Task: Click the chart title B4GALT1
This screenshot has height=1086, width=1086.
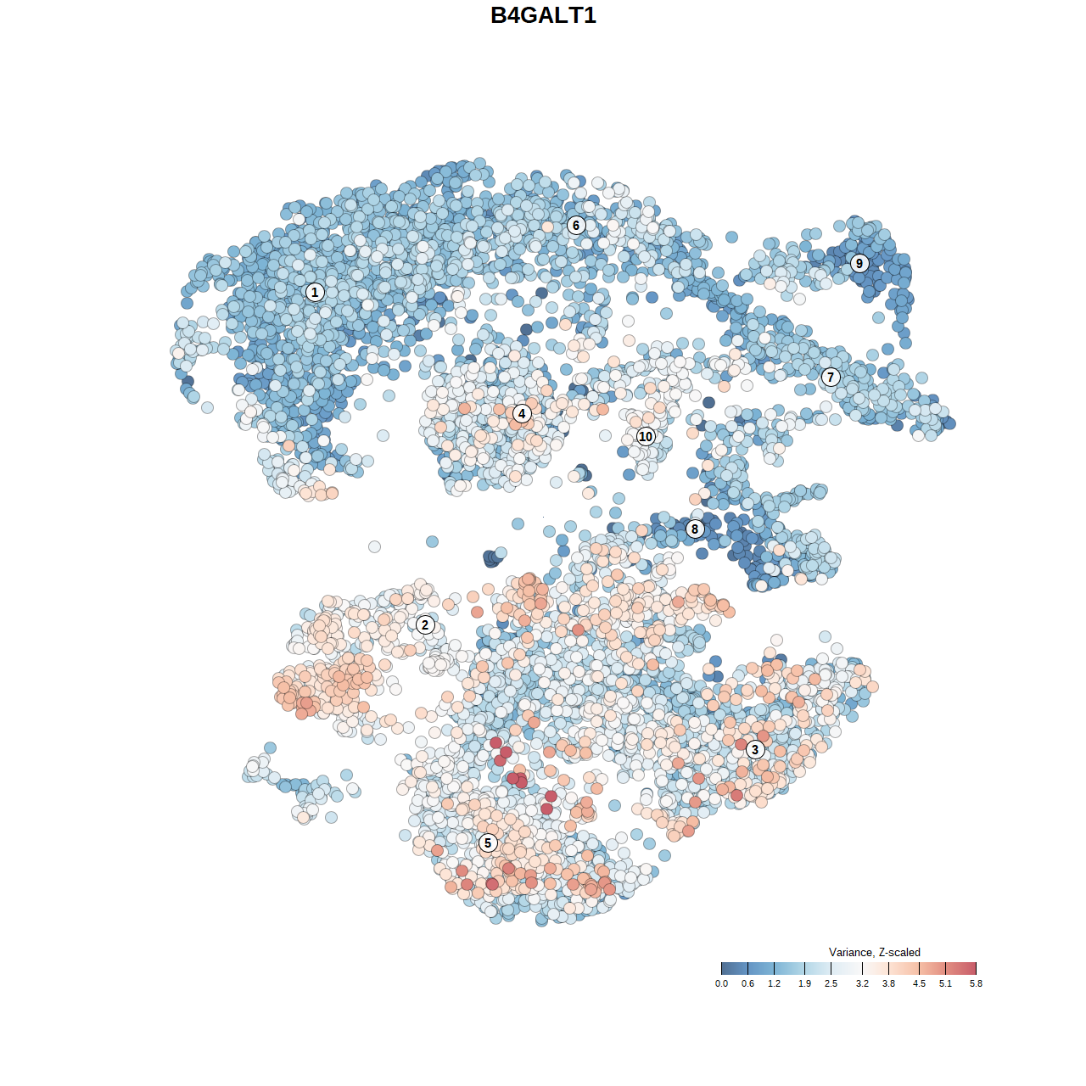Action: tap(543, 15)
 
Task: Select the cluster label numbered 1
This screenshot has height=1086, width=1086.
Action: tap(315, 292)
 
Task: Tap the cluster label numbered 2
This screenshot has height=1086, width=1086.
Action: tap(425, 625)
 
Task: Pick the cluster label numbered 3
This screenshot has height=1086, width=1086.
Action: tap(755, 749)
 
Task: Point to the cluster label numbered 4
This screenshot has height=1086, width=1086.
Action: tap(522, 413)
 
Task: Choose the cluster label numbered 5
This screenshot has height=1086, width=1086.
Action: tap(488, 842)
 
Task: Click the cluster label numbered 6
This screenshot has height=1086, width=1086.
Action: tap(576, 225)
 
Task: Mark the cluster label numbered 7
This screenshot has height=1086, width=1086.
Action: tap(831, 378)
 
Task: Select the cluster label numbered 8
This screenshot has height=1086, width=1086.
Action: tap(695, 529)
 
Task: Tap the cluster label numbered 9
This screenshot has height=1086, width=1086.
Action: tap(859, 263)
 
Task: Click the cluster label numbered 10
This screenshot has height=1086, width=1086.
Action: tap(646, 436)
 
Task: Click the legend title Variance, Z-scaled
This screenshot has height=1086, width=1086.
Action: tap(874, 952)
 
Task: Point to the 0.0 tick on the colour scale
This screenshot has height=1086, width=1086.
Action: tap(721, 968)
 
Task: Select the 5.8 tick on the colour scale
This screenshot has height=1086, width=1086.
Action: tap(976, 968)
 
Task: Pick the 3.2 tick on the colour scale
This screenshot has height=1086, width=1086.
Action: tap(862, 968)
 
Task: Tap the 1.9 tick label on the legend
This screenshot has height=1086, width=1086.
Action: tap(804, 984)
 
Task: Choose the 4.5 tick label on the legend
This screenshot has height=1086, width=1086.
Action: tap(919, 984)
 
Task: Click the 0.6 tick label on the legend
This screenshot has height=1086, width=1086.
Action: tap(747, 984)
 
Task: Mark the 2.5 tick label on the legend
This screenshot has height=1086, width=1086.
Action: tap(831, 984)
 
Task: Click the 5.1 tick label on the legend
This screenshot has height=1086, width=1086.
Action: tap(945, 984)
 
